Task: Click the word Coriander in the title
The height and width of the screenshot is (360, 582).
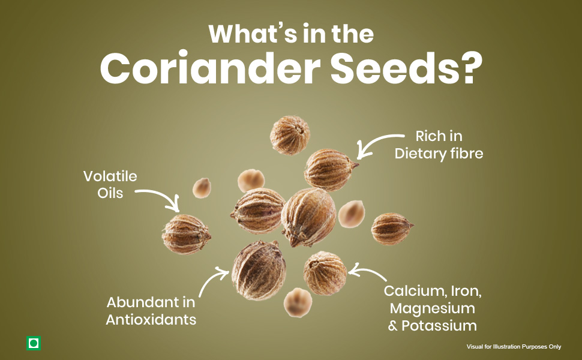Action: coord(210,68)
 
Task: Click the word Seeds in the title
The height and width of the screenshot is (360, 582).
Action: coord(394,68)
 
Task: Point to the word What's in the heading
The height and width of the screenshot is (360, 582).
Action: coord(253,34)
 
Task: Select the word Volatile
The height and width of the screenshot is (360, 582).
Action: coord(110,176)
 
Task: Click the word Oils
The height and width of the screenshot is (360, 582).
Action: coord(110,193)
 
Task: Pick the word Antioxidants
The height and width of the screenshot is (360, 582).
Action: coord(151,320)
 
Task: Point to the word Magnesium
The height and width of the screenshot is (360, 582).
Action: coord(433,309)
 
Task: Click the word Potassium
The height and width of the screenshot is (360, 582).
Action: coord(439,325)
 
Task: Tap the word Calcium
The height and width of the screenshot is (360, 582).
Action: coord(415,291)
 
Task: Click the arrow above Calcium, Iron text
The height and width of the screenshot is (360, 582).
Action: coord(367,271)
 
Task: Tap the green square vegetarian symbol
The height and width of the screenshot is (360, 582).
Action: coord(34,343)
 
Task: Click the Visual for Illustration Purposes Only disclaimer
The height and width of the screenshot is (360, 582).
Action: coord(514,347)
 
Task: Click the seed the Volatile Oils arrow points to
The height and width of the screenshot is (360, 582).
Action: coord(186,234)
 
